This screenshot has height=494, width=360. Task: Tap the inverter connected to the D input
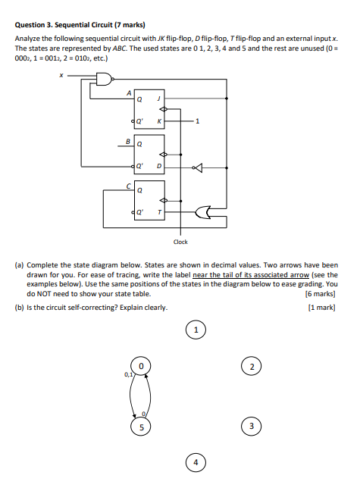[199, 167]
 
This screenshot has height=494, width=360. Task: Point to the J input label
[158, 98]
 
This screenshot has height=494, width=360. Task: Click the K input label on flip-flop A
[158, 121]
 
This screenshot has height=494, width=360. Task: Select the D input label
[158, 167]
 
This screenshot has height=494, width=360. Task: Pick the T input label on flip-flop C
[158, 212]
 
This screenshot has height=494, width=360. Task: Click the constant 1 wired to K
[197, 121]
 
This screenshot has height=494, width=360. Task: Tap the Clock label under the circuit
[180, 242]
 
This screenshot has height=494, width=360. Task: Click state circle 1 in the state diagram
[196, 330]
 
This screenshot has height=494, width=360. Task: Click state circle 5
[139, 426]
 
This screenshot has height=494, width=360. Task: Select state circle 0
[139, 367]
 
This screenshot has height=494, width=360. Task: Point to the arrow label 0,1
[127, 374]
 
